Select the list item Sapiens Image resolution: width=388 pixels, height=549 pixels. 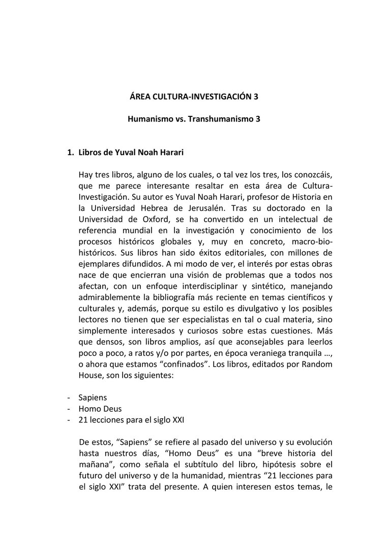tap(93, 398)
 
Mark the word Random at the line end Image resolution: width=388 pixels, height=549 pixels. tap(317, 364)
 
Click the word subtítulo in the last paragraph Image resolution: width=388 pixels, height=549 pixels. tap(210, 464)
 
